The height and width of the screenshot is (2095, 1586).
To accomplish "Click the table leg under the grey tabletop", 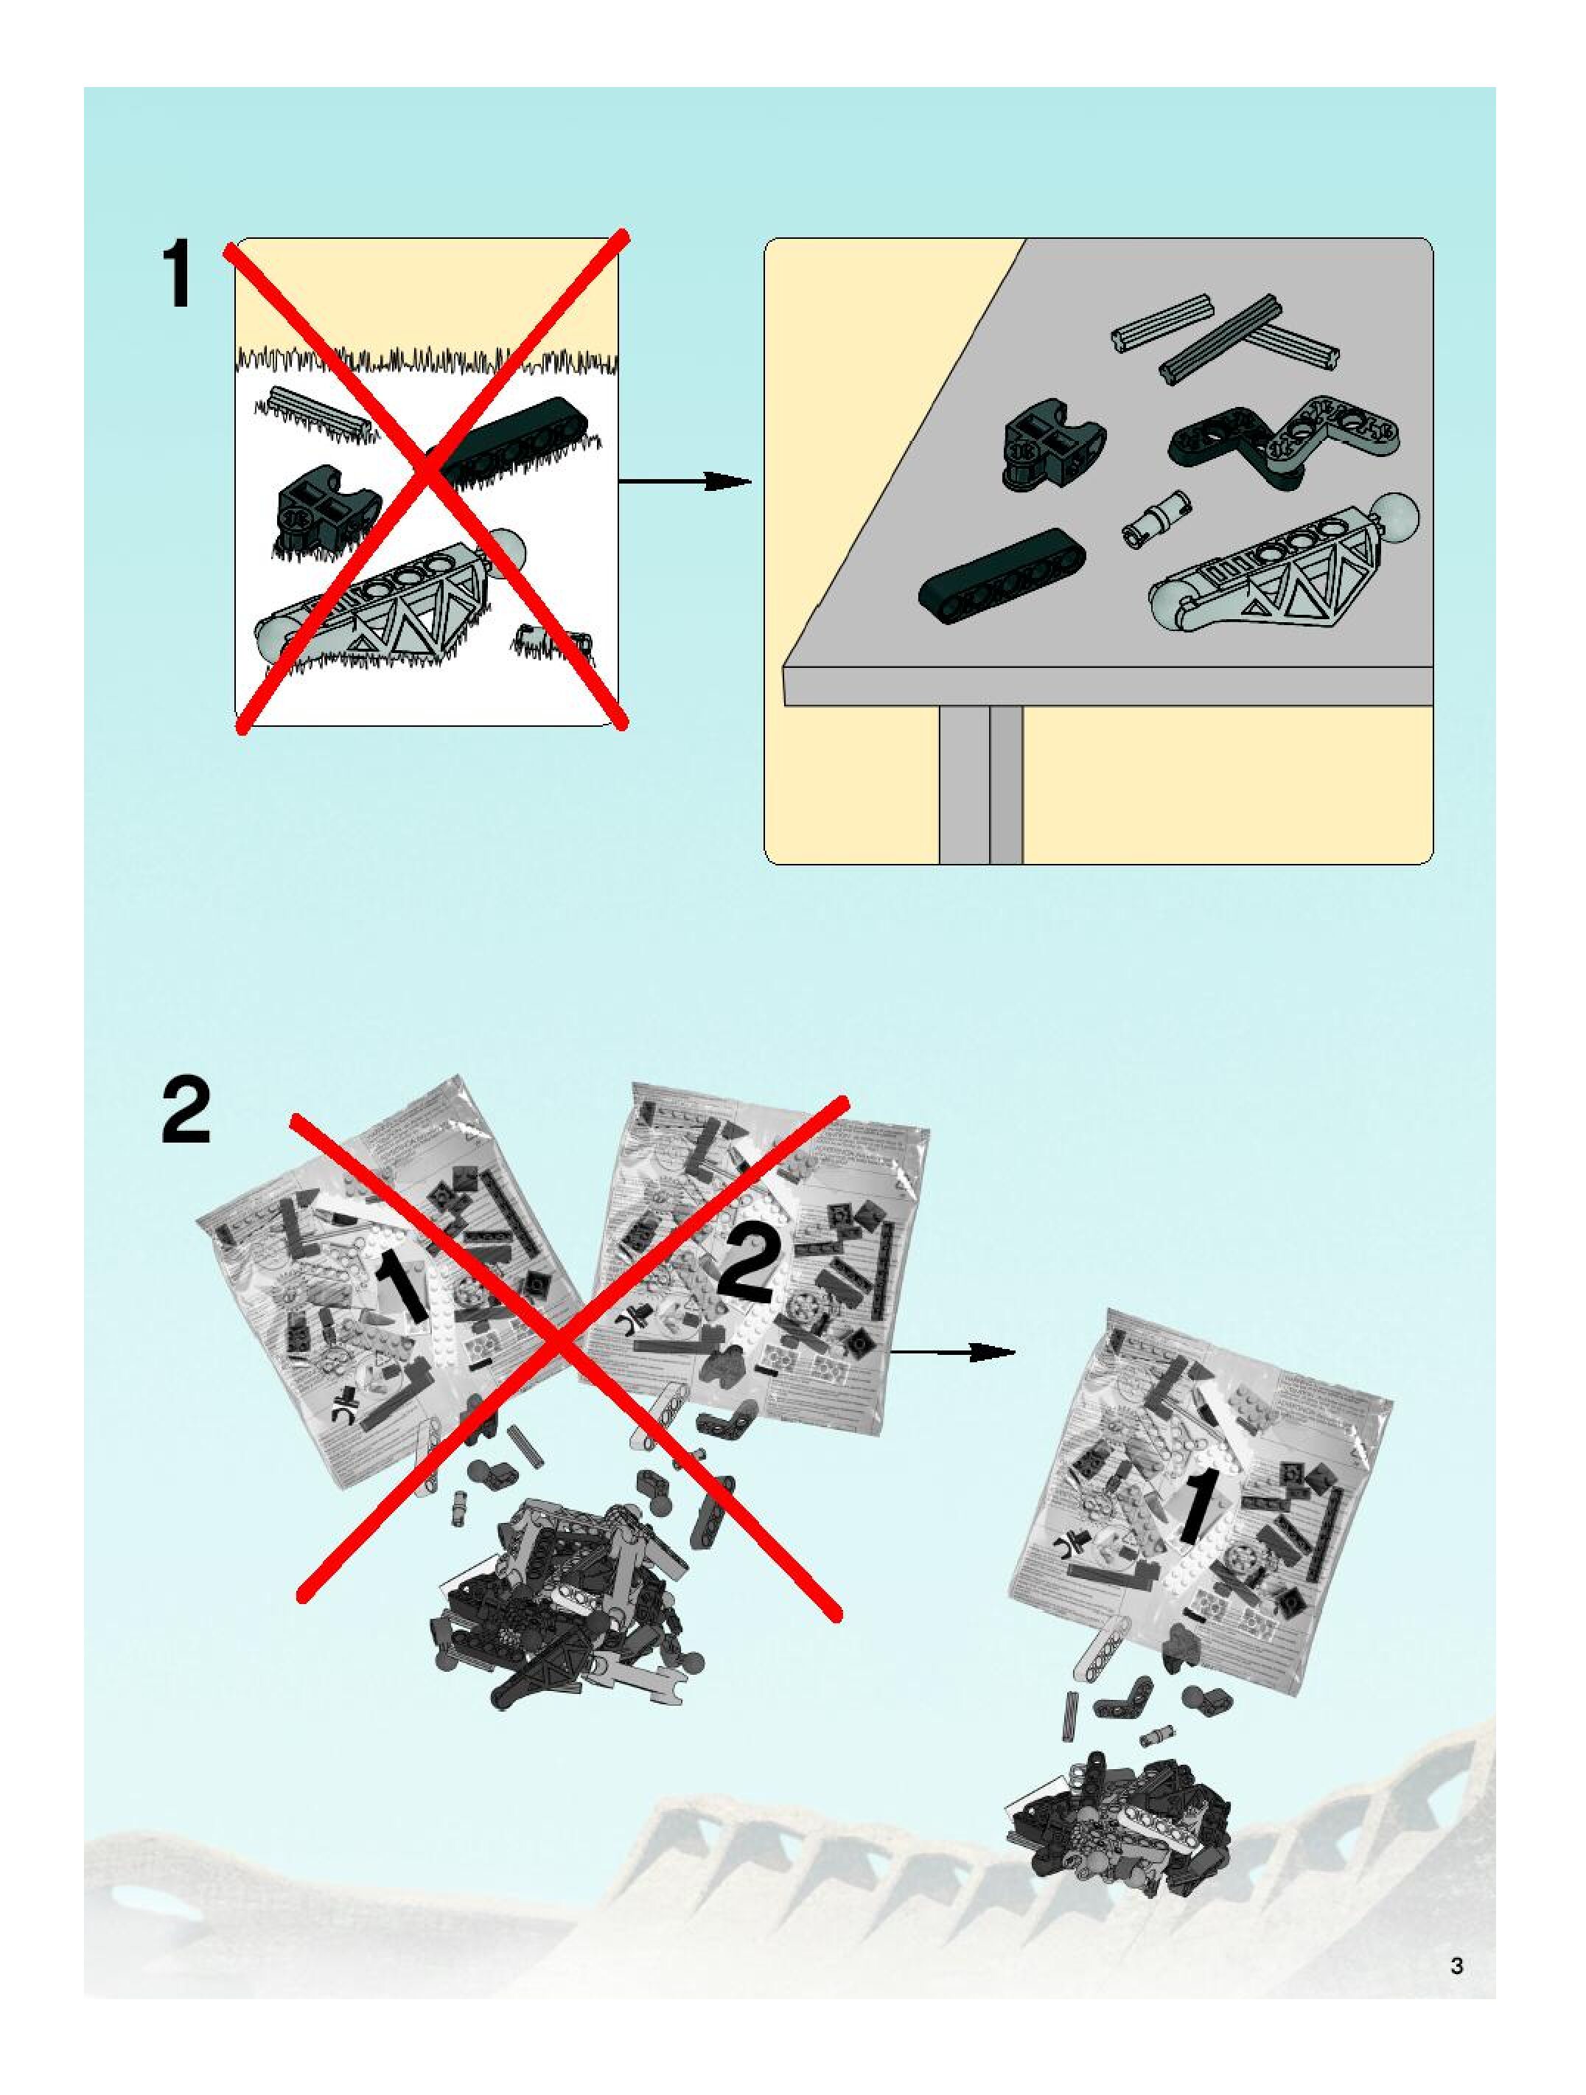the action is (x=981, y=784).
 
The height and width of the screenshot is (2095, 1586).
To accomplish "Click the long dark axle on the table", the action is (x=1221, y=339).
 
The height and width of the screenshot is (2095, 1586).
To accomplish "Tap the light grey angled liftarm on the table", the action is (x=1335, y=427).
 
